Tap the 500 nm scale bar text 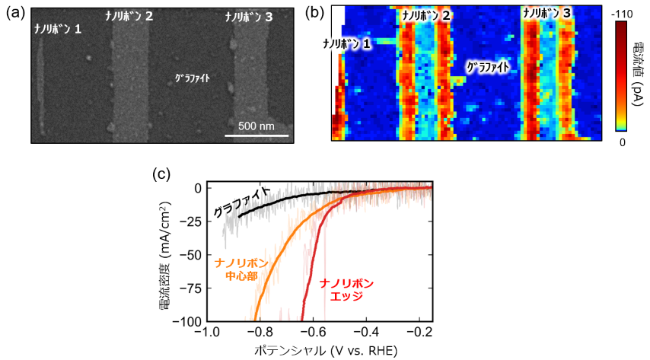pyautogui.click(x=256, y=126)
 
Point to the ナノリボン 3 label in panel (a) pyautogui.click(x=249, y=17)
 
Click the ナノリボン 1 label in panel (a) pyautogui.click(x=57, y=30)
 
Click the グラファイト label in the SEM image pyautogui.click(x=192, y=78)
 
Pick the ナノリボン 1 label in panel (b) pyautogui.click(x=346, y=44)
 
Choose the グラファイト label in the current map pyautogui.click(x=487, y=67)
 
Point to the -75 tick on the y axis pyautogui.click(x=183, y=288)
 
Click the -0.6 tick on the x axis pyautogui.click(x=312, y=333)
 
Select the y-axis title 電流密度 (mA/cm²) pyautogui.click(x=164, y=255)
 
